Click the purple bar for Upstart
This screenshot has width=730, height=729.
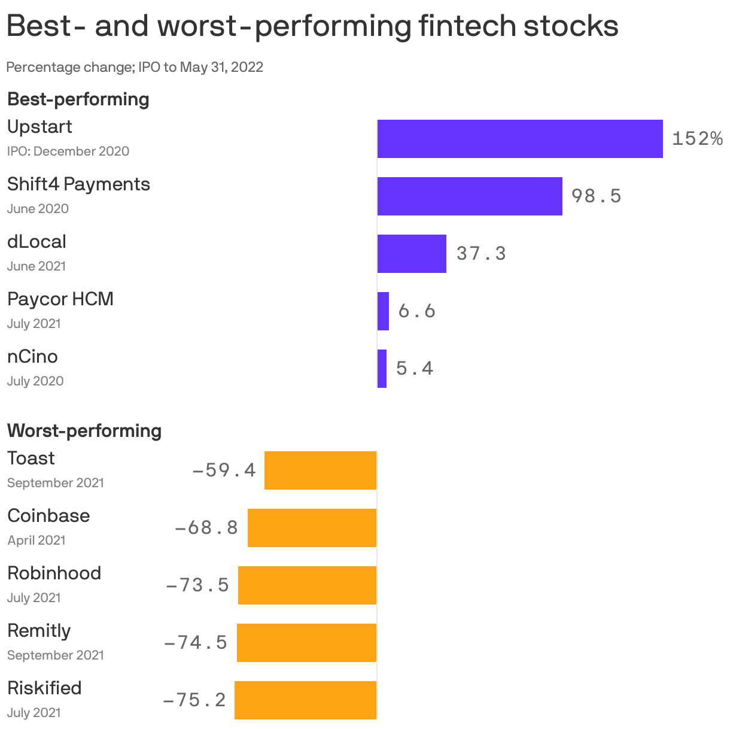coord(520,139)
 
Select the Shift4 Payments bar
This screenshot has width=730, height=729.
coord(470,196)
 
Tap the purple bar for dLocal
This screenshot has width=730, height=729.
coord(412,254)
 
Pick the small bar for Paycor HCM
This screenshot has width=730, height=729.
coord(383,311)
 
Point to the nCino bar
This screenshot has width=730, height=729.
coord(382,369)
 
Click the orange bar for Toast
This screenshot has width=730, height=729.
coord(320,470)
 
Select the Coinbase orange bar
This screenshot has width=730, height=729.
coord(312,528)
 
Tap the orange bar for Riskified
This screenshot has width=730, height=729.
coord(305,700)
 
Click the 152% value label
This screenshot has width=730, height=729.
coord(697,139)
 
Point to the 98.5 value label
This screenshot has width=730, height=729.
coord(597,196)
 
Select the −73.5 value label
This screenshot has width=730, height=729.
coord(197,585)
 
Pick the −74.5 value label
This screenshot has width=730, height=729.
coord(196,642)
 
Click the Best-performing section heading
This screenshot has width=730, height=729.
coord(78,99)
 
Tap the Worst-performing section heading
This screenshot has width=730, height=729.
coord(84,431)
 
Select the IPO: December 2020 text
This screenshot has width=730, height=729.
coord(68,151)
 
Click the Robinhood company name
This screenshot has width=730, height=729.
coord(54,573)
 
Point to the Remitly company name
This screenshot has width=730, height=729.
coord(39,631)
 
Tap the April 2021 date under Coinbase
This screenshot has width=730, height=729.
coord(36,540)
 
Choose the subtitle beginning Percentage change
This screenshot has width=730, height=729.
coord(135,67)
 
